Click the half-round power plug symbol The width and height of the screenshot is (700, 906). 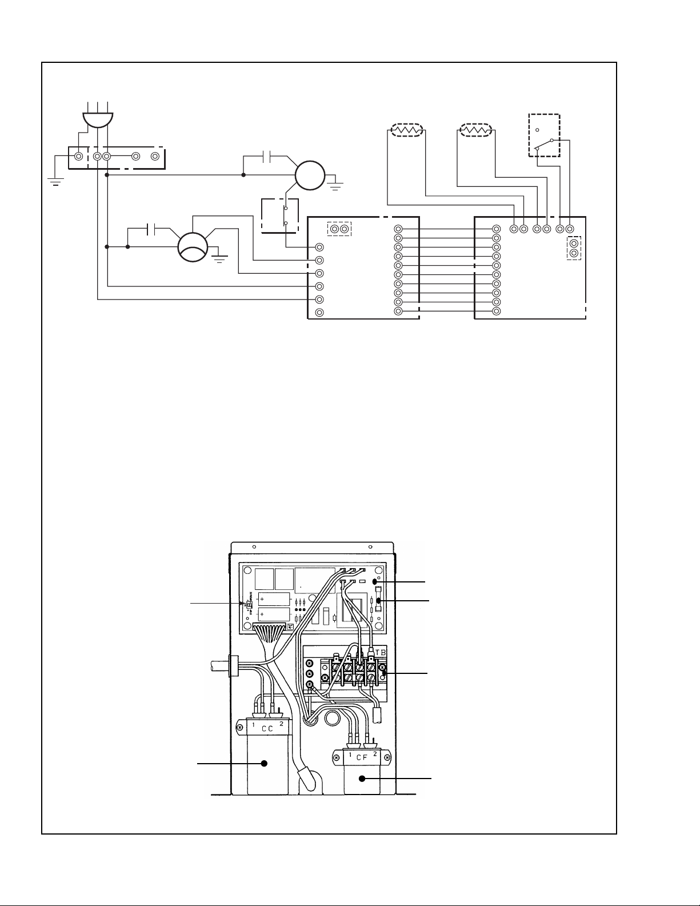[98, 119]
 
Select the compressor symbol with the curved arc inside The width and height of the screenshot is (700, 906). [193, 247]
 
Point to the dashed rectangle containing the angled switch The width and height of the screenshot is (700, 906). [544, 135]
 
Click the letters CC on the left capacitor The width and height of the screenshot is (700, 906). [267, 729]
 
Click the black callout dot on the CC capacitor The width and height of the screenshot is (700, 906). [265, 763]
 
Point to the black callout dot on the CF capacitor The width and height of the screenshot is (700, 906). [362, 779]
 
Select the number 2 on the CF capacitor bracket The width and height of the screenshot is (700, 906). [375, 754]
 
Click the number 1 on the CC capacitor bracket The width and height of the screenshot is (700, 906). [254, 725]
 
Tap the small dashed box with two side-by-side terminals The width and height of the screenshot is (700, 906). [339, 229]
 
